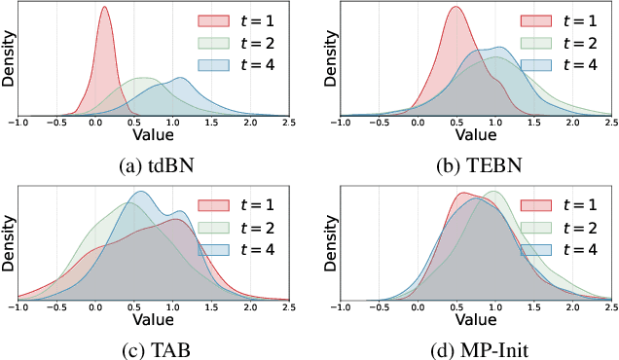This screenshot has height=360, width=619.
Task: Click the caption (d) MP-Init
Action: [468, 346]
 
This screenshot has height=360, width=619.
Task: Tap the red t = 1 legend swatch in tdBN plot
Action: [213, 21]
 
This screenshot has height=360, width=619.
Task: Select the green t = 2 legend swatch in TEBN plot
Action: [534, 43]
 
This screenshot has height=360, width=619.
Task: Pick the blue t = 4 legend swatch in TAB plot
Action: [213, 248]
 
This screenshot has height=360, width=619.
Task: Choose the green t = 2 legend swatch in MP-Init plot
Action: [534, 227]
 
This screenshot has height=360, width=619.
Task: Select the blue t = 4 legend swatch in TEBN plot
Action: [534, 64]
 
